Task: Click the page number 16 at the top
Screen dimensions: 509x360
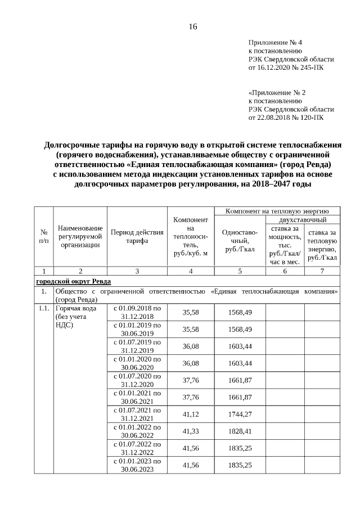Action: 192,27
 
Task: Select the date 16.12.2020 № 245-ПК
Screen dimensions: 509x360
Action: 286,67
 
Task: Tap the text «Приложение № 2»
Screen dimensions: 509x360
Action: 277,93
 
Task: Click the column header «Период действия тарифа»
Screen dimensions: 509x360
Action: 137,237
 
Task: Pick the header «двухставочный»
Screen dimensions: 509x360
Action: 303,220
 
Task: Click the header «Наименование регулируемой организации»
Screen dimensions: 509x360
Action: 80,236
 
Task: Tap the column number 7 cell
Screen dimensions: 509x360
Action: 322,271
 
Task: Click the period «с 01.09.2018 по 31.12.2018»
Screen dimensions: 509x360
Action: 137,312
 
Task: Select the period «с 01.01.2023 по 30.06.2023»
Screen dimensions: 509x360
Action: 137,465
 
